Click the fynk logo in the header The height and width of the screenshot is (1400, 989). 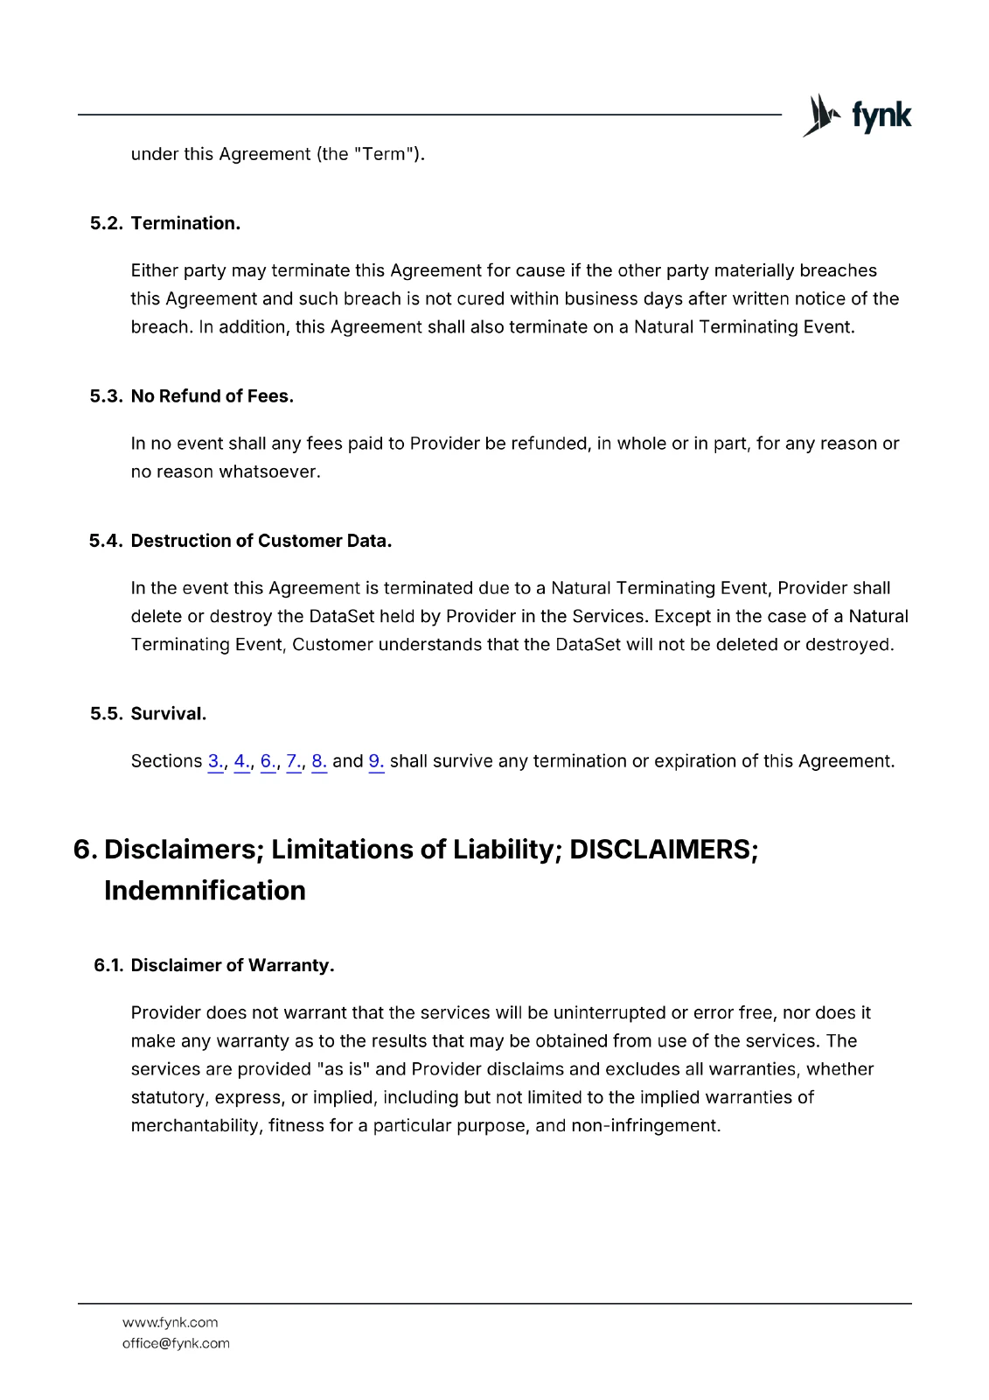[x=857, y=115]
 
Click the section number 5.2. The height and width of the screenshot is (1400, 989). [x=107, y=223]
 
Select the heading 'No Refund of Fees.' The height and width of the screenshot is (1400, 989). [x=212, y=396]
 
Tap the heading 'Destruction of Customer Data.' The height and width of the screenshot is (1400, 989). [x=261, y=541]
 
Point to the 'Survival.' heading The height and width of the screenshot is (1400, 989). [x=168, y=714]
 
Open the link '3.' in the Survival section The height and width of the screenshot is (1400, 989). [x=215, y=761]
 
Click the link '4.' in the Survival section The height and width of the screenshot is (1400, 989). [x=241, y=761]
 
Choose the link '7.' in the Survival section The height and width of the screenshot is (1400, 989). [x=294, y=761]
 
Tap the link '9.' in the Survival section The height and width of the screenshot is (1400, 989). [x=376, y=761]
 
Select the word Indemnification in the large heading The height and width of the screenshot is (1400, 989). [x=205, y=891]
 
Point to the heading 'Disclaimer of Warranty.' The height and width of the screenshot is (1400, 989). [x=232, y=965]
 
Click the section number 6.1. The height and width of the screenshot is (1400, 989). [x=108, y=965]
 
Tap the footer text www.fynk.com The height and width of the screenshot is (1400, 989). [x=170, y=1322]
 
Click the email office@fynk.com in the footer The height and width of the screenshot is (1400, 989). [x=176, y=1343]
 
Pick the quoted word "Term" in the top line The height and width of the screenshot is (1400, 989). [x=384, y=154]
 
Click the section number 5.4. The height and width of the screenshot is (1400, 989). [x=106, y=541]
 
